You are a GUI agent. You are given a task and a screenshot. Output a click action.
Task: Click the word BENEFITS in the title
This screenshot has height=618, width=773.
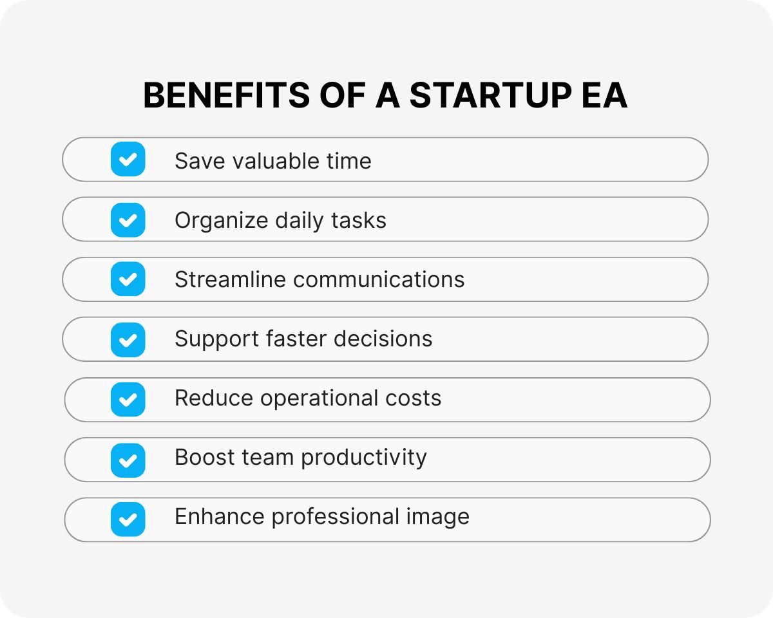tap(226, 95)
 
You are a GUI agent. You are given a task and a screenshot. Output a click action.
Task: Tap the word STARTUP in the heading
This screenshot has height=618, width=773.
tap(491, 95)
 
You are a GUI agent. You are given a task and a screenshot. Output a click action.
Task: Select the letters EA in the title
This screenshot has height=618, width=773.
tap(604, 95)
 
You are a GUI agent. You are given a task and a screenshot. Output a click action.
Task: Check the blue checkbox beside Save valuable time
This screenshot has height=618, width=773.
tap(128, 159)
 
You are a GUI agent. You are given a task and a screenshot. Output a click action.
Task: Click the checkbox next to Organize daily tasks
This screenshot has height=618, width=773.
tap(128, 220)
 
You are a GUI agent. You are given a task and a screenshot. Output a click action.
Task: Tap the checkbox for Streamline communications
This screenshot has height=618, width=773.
tap(128, 279)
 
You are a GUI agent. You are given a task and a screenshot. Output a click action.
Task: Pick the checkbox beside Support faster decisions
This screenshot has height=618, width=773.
tap(128, 340)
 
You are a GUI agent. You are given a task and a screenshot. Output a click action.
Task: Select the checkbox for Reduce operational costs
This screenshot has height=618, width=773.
tap(128, 399)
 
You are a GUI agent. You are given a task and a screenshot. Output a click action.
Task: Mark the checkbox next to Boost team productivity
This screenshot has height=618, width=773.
tap(128, 460)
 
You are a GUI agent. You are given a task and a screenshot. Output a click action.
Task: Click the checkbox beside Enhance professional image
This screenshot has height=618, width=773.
tap(128, 520)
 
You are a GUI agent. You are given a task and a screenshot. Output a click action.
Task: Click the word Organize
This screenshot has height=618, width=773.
tap(221, 221)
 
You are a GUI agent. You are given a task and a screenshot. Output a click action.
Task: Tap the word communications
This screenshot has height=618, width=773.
tap(379, 279)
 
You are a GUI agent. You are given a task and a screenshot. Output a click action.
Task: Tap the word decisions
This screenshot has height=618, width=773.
tap(383, 339)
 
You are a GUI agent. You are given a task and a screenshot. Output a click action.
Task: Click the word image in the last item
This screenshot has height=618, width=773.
tap(438, 518)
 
